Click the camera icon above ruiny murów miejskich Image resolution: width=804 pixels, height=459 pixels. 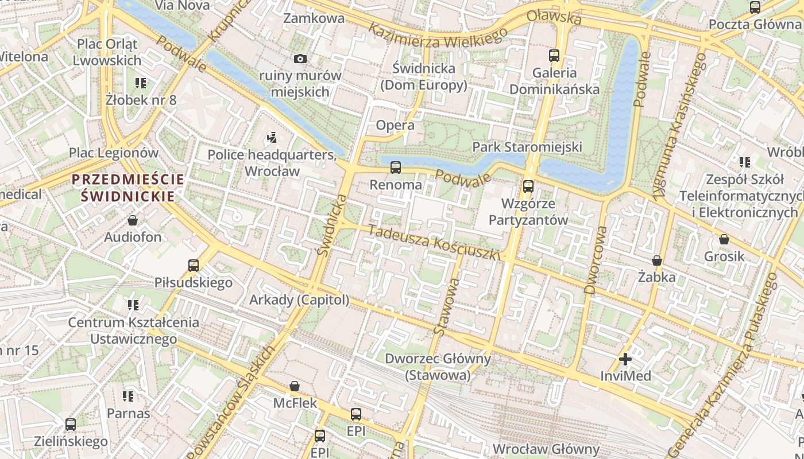tap(300, 59)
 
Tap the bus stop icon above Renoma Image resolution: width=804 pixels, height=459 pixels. tap(396, 168)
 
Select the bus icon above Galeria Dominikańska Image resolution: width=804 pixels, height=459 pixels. tap(554, 56)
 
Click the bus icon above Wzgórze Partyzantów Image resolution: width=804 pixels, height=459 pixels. tap(528, 186)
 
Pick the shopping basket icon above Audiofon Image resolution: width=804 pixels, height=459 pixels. tap(133, 220)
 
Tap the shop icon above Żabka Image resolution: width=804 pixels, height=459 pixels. tap(657, 261)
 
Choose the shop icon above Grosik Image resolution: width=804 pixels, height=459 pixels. tap(724, 239)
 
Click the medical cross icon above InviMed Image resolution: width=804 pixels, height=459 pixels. tap(625, 360)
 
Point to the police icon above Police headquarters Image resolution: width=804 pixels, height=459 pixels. tap(272, 138)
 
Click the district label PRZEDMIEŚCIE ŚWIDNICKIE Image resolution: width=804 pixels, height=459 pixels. tap(128, 188)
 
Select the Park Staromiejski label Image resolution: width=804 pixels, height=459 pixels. tap(527, 147)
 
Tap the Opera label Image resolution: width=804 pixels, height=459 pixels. tap(395, 125)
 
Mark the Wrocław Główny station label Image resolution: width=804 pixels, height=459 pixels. tap(546, 449)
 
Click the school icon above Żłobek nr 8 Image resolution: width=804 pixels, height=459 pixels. tap(141, 83)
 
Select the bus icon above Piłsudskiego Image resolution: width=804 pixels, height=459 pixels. tap(194, 266)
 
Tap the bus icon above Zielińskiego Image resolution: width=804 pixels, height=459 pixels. tap(71, 425)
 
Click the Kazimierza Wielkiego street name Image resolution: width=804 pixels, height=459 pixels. tap(438, 36)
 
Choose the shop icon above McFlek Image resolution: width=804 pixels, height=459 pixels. tap(295, 386)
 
